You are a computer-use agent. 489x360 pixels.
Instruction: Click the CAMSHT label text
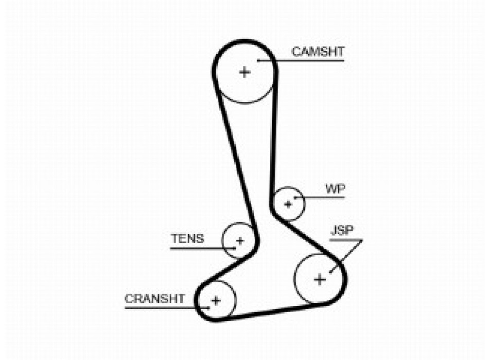[318, 52]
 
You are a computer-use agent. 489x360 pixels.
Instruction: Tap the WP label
[335, 188]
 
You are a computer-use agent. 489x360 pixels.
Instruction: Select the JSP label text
[342, 230]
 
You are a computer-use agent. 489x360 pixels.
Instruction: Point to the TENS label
[187, 239]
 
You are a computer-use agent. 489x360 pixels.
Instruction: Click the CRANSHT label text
[154, 299]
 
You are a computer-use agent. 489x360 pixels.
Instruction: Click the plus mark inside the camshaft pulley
[244, 72]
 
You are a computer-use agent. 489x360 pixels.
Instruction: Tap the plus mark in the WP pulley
[288, 204]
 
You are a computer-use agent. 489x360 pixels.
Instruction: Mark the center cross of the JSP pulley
[320, 279]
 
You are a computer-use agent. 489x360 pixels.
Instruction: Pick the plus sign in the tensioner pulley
[239, 240]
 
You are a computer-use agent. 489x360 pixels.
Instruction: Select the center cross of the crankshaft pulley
[216, 300]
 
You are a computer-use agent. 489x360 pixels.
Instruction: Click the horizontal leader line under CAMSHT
[309, 61]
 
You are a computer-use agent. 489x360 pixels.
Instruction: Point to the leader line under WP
[324, 196]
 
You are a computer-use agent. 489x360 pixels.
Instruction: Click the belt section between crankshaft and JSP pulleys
[273, 312]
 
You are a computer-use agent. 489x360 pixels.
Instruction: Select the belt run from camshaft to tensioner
[235, 154]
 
